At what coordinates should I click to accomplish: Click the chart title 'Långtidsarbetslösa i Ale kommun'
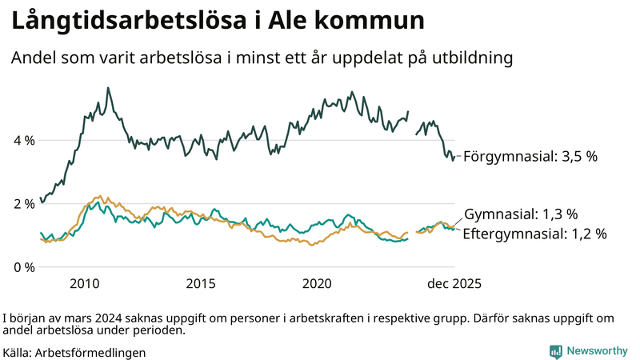(x=217, y=22)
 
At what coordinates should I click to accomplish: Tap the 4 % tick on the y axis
(x=24, y=140)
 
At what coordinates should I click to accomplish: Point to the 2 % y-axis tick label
(x=24, y=203)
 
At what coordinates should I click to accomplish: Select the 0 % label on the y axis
(x=24, y=266)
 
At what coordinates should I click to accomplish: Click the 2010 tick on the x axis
(x=85, y=284)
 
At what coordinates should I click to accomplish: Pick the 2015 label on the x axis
(x=201, y=284)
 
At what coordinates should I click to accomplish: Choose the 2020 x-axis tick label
(x=318, y=284)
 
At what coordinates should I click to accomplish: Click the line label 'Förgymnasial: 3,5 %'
(x=530, y=157)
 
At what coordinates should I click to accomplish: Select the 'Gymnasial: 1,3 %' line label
(x=521, y=214)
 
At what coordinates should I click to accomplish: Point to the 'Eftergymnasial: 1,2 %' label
(x=534, y=234)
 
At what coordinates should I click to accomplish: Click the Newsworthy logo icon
(x=555, y=351)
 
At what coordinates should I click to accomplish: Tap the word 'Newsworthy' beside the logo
(x=598, y=351)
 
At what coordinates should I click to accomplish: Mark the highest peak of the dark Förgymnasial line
(x=108, y=88)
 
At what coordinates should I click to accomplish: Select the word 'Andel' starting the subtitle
(x=31, y=58)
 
